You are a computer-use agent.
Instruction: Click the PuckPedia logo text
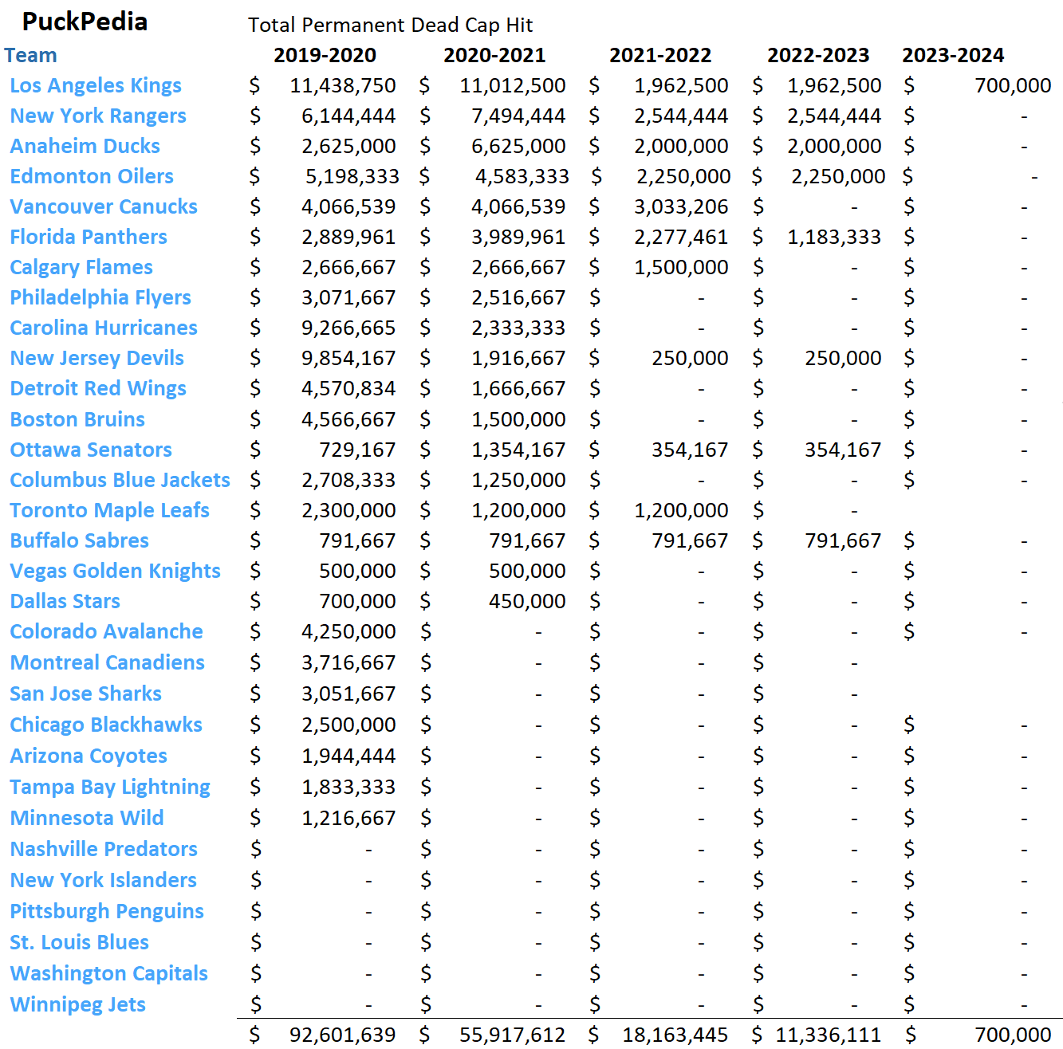(x=85, y=22)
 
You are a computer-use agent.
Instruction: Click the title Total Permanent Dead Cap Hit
(x=390, y=25)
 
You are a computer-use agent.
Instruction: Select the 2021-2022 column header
(x=660, y=55)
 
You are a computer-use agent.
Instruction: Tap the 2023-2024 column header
(x=953, y=55)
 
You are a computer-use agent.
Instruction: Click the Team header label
(x=30, y=55)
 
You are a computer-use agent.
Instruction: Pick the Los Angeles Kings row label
(x=96, y=85)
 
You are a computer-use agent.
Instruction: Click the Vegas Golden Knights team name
(x=115, y=571)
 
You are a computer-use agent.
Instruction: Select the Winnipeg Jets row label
(x=77, y=1004)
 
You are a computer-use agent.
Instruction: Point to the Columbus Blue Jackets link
(x=120, y=480)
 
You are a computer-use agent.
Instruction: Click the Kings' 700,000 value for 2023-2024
(x=1013, y=85)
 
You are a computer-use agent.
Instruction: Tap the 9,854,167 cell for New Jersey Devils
(x=348, y=358)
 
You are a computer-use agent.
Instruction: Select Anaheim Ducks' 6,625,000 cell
(x=518, y=146)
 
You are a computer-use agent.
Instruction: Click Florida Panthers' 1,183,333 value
(x=834, y=237)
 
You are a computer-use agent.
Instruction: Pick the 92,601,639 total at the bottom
(x=342, y=1035)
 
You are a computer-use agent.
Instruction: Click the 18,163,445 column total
(x=675, y=1035)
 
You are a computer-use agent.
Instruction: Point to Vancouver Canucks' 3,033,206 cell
(x=681, y=206)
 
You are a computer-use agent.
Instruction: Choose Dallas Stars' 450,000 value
(x=527, y=601)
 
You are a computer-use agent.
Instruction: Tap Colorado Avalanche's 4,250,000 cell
(x=348, y=631)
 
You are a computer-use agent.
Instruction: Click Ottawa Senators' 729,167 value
(x=357, y=450)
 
